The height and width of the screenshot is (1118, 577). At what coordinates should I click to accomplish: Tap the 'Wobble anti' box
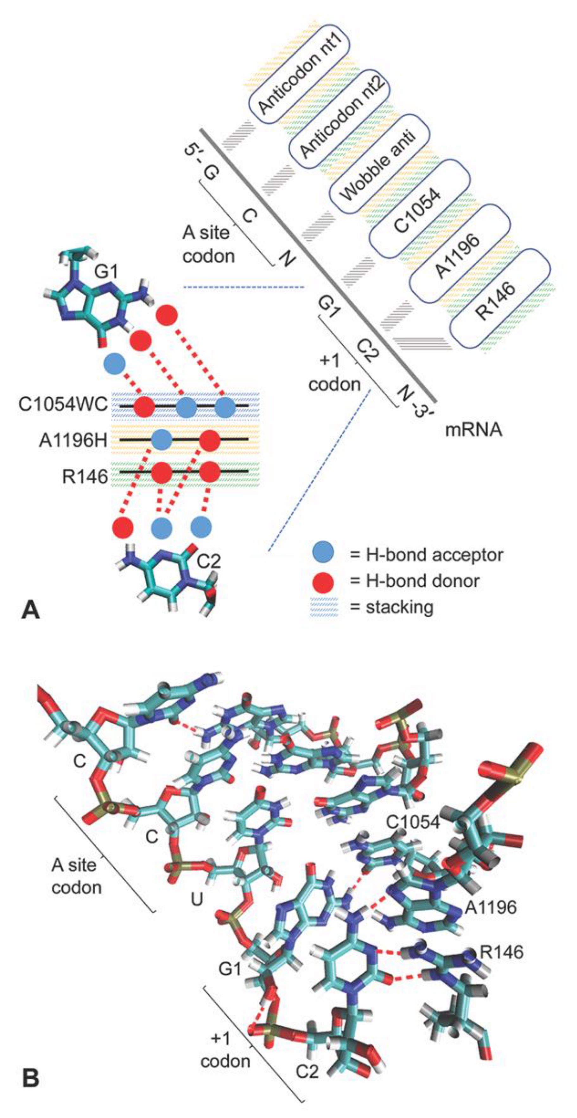click(x=378, y=165)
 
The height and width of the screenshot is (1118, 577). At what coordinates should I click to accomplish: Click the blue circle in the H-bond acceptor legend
click(x=323, y=554)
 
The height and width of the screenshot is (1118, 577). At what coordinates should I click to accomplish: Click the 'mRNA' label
click(x=473, y=430)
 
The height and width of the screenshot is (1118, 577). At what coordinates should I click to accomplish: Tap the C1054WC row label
click(x=63, y=405)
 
